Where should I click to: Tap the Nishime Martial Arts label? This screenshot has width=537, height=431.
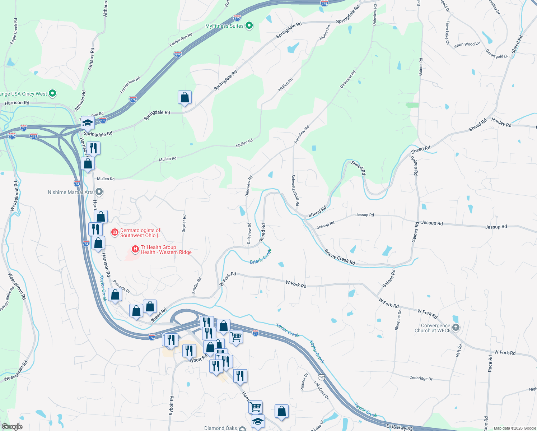pos(70,192)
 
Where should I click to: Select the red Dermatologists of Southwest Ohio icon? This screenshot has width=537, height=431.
pos(115,232)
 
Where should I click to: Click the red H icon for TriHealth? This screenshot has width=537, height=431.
pos(135,249)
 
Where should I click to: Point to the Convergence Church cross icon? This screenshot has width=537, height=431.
pos(456,327)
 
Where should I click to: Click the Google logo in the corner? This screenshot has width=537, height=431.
pos(12,426)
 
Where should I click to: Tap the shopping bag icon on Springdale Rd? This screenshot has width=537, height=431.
pos(185,97)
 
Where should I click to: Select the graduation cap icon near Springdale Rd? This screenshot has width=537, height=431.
pos(88,123)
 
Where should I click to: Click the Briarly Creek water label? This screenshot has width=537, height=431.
pos(261,256)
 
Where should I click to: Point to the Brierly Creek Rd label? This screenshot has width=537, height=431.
pos(340,257)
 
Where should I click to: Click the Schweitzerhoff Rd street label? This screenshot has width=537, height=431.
pos(295,190)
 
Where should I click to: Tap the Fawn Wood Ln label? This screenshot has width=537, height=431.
pos(467,45)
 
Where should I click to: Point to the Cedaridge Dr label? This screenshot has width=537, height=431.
pos(421,378)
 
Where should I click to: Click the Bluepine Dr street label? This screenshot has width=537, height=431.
pos(398,320)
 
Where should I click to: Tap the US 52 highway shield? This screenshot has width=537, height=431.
pos(322,377)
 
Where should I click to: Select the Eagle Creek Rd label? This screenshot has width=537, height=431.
pos(14,32)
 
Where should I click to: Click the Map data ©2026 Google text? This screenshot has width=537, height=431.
pos(515,428)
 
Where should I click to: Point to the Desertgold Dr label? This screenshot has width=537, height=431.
pos(497,54)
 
